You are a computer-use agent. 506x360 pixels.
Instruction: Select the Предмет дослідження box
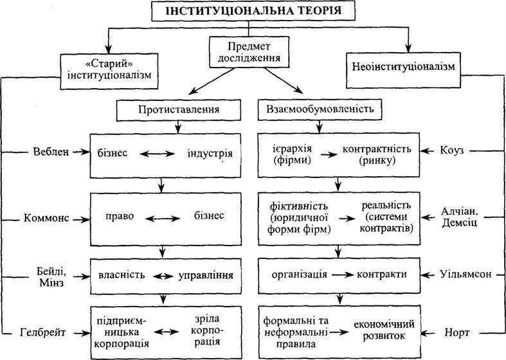[249, 52]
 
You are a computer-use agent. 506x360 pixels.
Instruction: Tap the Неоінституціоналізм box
[403, 70]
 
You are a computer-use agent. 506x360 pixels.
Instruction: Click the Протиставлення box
[179, 110]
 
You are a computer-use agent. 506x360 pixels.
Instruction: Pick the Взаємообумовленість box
[320, 110]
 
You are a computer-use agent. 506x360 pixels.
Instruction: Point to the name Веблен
[51, 152]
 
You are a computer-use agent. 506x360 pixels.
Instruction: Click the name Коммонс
[46, 218]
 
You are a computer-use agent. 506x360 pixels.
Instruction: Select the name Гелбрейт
[42, 332]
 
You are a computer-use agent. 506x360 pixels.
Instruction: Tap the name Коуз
[452, 150]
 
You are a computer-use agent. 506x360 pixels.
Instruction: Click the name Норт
[457, 332]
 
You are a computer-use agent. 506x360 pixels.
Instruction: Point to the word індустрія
[210, 153]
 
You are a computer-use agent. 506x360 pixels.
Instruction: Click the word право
[120, 216]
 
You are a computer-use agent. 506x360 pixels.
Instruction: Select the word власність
[122, 275]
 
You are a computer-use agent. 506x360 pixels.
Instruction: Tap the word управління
[206, 276]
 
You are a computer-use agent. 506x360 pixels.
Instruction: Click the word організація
[299, 275]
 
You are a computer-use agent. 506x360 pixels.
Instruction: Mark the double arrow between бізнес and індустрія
[157, 154]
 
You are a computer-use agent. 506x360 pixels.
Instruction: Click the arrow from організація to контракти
[343, 275]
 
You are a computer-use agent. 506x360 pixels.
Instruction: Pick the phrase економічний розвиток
[384, 330]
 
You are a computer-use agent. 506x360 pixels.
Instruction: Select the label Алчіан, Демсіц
[459, 217]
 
